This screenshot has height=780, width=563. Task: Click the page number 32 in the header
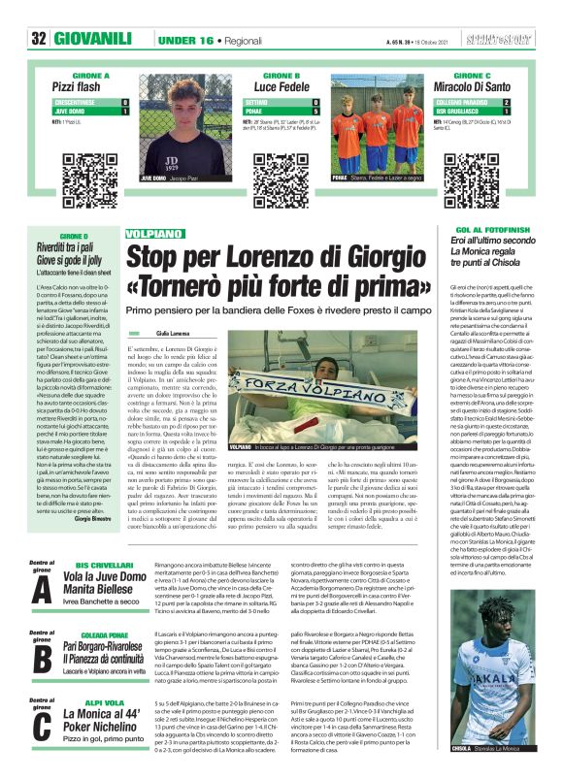pyautogui.click(x=39, y=39)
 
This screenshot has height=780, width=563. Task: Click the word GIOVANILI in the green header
pyautogui.click(x=93, y=39)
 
